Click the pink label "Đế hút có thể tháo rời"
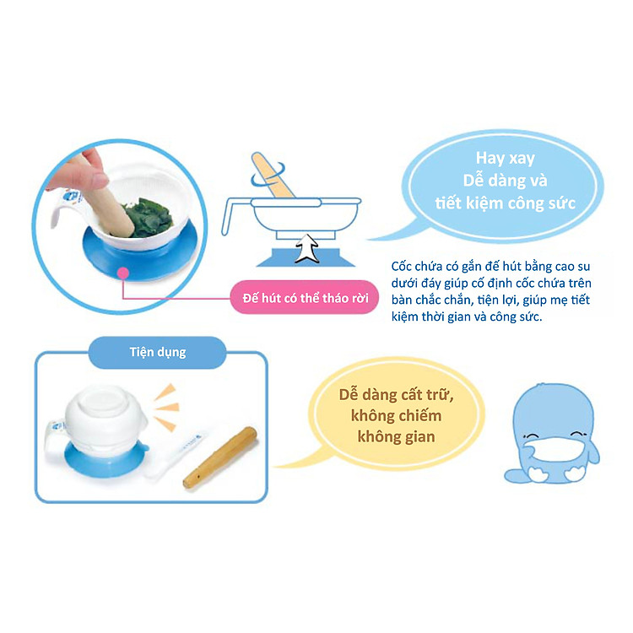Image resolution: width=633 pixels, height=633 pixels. (x=306, y=300)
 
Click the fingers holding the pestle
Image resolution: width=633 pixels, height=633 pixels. (x=84, y=170)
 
